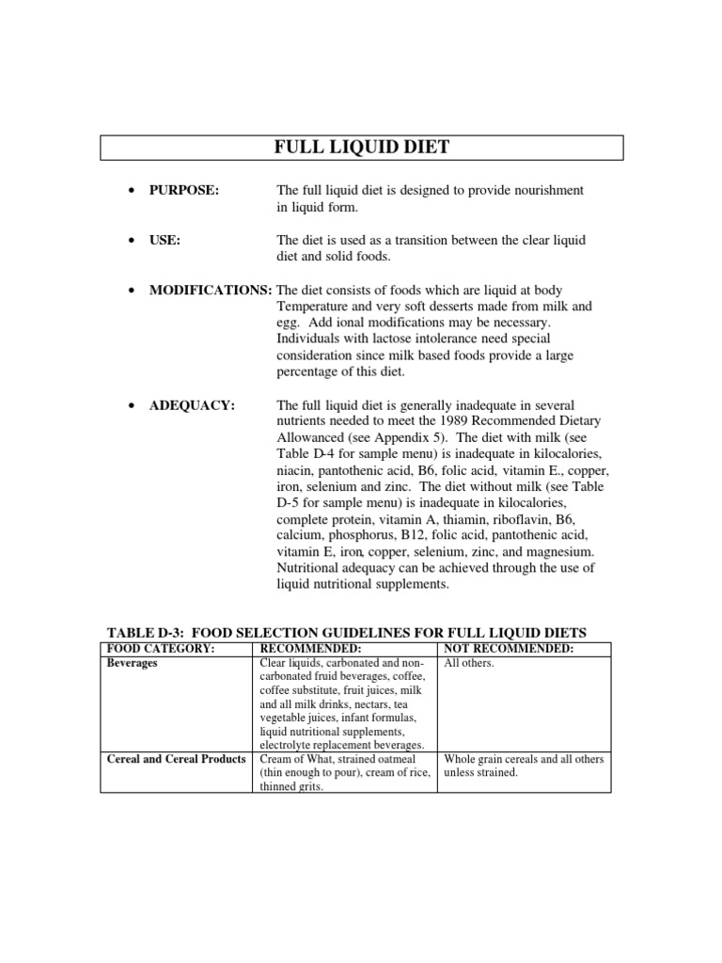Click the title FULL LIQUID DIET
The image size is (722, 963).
pos(361,148)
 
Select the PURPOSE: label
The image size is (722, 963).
pos(183,191)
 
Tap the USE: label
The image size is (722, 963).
pos(165,241)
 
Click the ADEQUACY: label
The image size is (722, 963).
pos(192,405)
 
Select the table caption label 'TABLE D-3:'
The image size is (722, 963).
pos(141,632)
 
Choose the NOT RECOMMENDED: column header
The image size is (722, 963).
pos(509,649)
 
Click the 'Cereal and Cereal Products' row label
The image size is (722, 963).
pos(175,759)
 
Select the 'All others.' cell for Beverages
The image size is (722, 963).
pos(469,663)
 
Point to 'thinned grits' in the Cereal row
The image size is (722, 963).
pos(290,787)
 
